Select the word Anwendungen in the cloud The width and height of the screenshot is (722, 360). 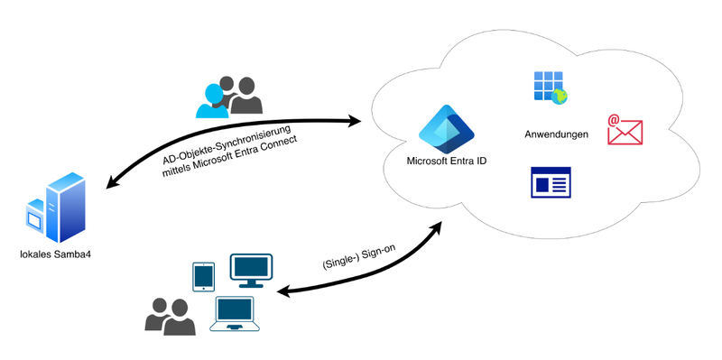[x=556, y=134]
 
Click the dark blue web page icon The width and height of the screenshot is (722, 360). [x=550, y=183]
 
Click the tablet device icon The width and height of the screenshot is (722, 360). [x=204, y=277]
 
